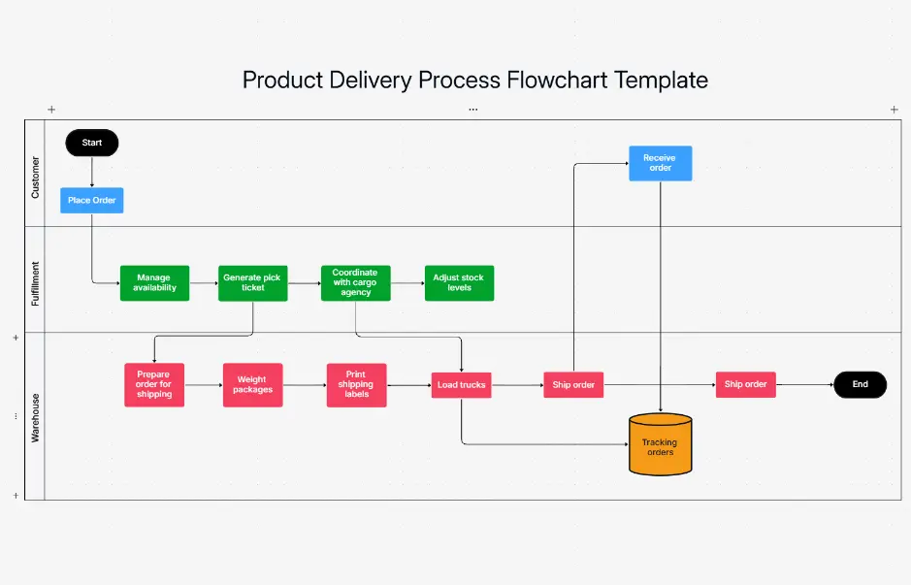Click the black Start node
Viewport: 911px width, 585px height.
pyautogui.click(x=92, y=143)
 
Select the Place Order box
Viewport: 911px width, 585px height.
pyautogui.click(x=92, y=201)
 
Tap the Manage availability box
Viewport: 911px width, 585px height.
pyautogui.click(x=154, y=283)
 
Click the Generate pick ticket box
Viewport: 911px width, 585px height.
pyautogui.click(x=252, y=283)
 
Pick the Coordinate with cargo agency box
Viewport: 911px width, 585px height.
pyautogui.click(x=355, y=283)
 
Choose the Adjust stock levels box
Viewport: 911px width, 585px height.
pyautogui.click(x=459, y=283)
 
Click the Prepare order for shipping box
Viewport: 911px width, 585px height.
pyautogui.click(x=154, y=384)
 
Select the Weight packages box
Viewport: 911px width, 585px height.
pyautogui.click(x=252, y=384)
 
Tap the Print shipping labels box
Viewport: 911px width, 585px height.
pyautogui.click(x=356, y=384)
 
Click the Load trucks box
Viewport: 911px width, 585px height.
pyautogui.click(x=461, y=385)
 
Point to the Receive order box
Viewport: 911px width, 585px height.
pyautogui.click(x=660, y=163)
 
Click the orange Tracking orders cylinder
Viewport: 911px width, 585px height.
pyautogui.click(x=660, y=445)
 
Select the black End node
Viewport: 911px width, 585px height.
pyautogui.click(x=860, y=384)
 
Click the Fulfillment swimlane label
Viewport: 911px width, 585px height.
pyautogui.click(x=36, y=283)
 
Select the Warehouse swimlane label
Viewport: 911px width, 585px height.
pyautogui.click(x=36, y=417)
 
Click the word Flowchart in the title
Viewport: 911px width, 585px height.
pyautogui.click(x=557, y=80)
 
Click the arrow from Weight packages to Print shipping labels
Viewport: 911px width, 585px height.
pyautogui.click(x=305, y=385)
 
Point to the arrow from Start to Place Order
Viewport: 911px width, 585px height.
pyautogui.click(x=92, y=172)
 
